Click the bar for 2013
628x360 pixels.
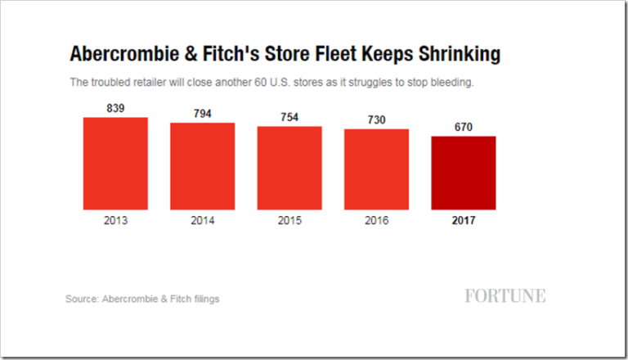point(115,164)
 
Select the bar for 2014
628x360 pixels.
point(202,166)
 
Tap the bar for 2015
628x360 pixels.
point(289,168)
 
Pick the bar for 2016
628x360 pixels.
point(376,169)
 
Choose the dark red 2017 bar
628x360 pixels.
point(463,173)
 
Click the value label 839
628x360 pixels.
point(115,108)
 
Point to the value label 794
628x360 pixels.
point(202,114)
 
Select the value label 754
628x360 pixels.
point(289,117)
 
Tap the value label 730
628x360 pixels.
point(376,120)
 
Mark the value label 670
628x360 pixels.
point(463,127)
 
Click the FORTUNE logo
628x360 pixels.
point(505,296)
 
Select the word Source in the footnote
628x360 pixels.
point(81,299)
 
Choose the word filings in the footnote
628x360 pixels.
point(204,299)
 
